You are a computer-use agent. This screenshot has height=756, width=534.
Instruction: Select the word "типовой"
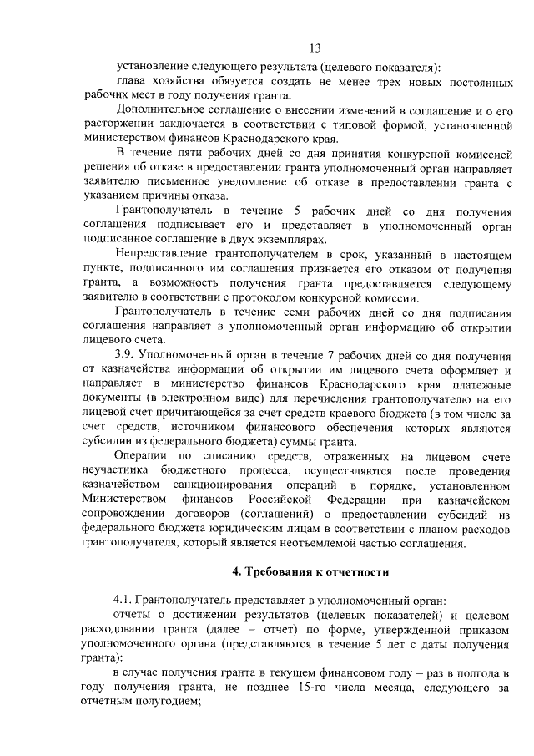365,125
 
